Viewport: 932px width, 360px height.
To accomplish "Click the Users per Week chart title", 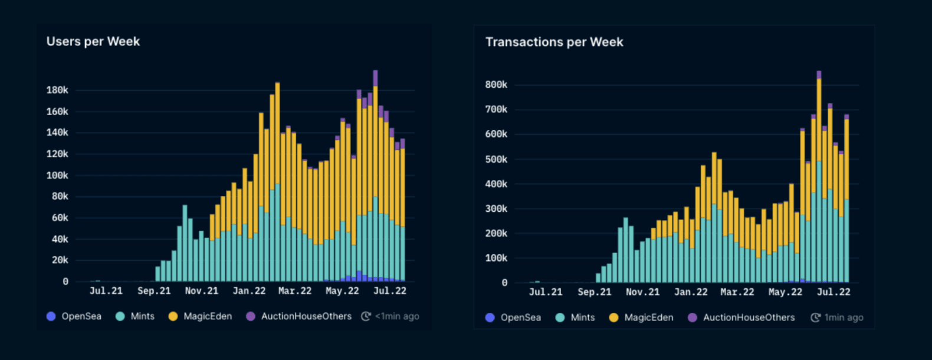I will [93, 42].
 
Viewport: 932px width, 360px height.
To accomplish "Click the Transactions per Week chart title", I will [554, 42].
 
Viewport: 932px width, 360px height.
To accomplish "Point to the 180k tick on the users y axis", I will [57, 90].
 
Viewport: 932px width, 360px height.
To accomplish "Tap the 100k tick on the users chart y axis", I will [57, 175].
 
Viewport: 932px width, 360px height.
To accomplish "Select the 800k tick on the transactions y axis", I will [496, 85].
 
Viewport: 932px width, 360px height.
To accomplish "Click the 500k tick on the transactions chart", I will [496, 159].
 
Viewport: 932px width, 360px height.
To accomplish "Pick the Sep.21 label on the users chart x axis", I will [154, 291].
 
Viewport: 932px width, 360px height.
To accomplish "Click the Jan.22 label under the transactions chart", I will [691, 292].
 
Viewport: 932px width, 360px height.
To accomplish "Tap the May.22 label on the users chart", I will [342, 291].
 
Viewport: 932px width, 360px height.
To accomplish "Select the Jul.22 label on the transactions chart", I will [833, 292].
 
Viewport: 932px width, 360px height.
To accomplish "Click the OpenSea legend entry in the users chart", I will [74, 316].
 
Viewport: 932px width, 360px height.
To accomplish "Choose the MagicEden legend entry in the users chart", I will [201, 316].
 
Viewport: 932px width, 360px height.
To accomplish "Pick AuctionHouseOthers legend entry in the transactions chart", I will [741, 318].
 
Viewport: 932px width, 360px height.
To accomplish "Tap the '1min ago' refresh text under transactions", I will [843, 318].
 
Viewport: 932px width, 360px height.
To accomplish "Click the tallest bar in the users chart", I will [375, 177].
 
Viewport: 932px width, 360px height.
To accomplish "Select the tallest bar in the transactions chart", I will [819, 177].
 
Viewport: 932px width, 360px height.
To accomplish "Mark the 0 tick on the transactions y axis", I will [504, 283].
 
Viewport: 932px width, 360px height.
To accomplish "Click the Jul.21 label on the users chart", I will [106, 291].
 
